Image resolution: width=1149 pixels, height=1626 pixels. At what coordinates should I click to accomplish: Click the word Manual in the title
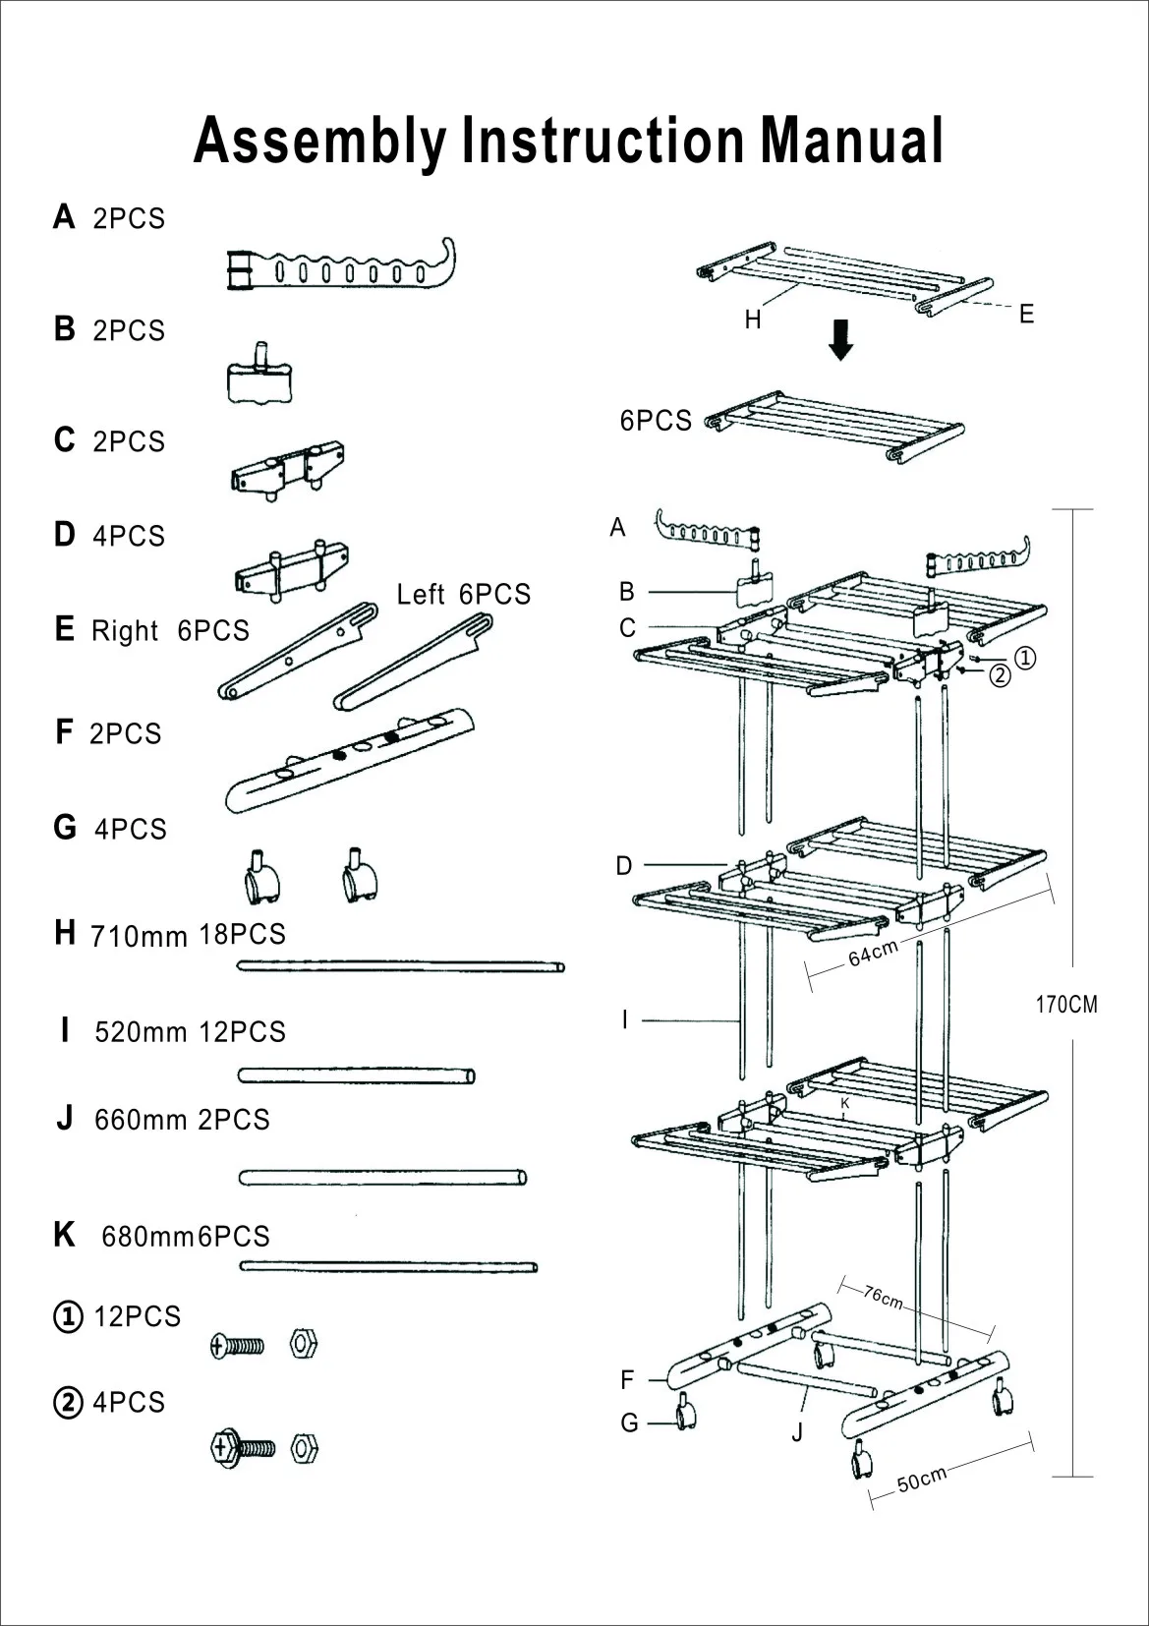(x=851, y=140)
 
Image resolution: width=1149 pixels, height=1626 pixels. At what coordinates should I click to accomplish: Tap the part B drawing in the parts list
(x=260, y=377)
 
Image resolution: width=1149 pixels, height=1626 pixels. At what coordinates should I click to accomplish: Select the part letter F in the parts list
(x=64, y=732)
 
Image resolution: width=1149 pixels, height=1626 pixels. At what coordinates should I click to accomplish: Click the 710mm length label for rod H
(x=139, y=936)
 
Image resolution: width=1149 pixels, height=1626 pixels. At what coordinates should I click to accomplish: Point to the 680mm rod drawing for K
(x=388, y=1266)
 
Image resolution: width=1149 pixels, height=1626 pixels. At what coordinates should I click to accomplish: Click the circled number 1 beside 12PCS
(x=67, y=1317)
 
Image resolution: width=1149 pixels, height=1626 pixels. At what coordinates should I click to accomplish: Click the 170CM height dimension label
(x=1066, y=1006)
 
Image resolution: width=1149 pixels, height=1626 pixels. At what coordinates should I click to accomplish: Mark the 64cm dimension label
(x=873, y=953)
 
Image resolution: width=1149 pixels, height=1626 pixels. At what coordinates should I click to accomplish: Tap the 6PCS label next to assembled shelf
(x=656, y=421)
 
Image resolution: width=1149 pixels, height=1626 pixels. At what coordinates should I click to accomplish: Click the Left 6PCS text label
(x=463, y=595)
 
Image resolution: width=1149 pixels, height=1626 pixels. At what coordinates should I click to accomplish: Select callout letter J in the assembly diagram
(x=797, y=1432)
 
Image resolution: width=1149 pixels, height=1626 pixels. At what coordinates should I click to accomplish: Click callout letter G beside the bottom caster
(x=630, y=1423)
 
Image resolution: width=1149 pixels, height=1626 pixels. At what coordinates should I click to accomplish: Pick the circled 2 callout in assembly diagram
(x=1000, y=675)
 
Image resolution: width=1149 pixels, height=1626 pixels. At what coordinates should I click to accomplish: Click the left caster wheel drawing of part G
(x=261, y=878)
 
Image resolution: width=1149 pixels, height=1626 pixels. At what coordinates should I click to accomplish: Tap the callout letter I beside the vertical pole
(x=624, y=1020)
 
